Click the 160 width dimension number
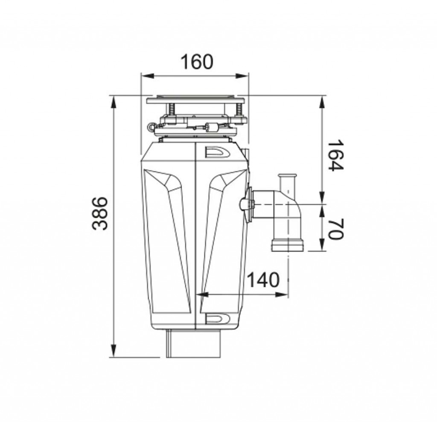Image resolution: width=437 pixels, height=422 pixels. point(197,62)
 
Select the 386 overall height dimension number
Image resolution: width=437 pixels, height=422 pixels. point(100,213)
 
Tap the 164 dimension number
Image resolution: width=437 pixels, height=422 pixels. point(335,156)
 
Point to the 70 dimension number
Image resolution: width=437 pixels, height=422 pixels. point(335,229)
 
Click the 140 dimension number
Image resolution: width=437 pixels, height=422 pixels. point(263,280)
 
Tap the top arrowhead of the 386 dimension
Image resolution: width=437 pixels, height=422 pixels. point(114,102)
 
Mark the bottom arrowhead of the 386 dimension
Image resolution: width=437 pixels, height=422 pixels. point(114,350)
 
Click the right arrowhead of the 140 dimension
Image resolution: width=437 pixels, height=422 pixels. point(282,294)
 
